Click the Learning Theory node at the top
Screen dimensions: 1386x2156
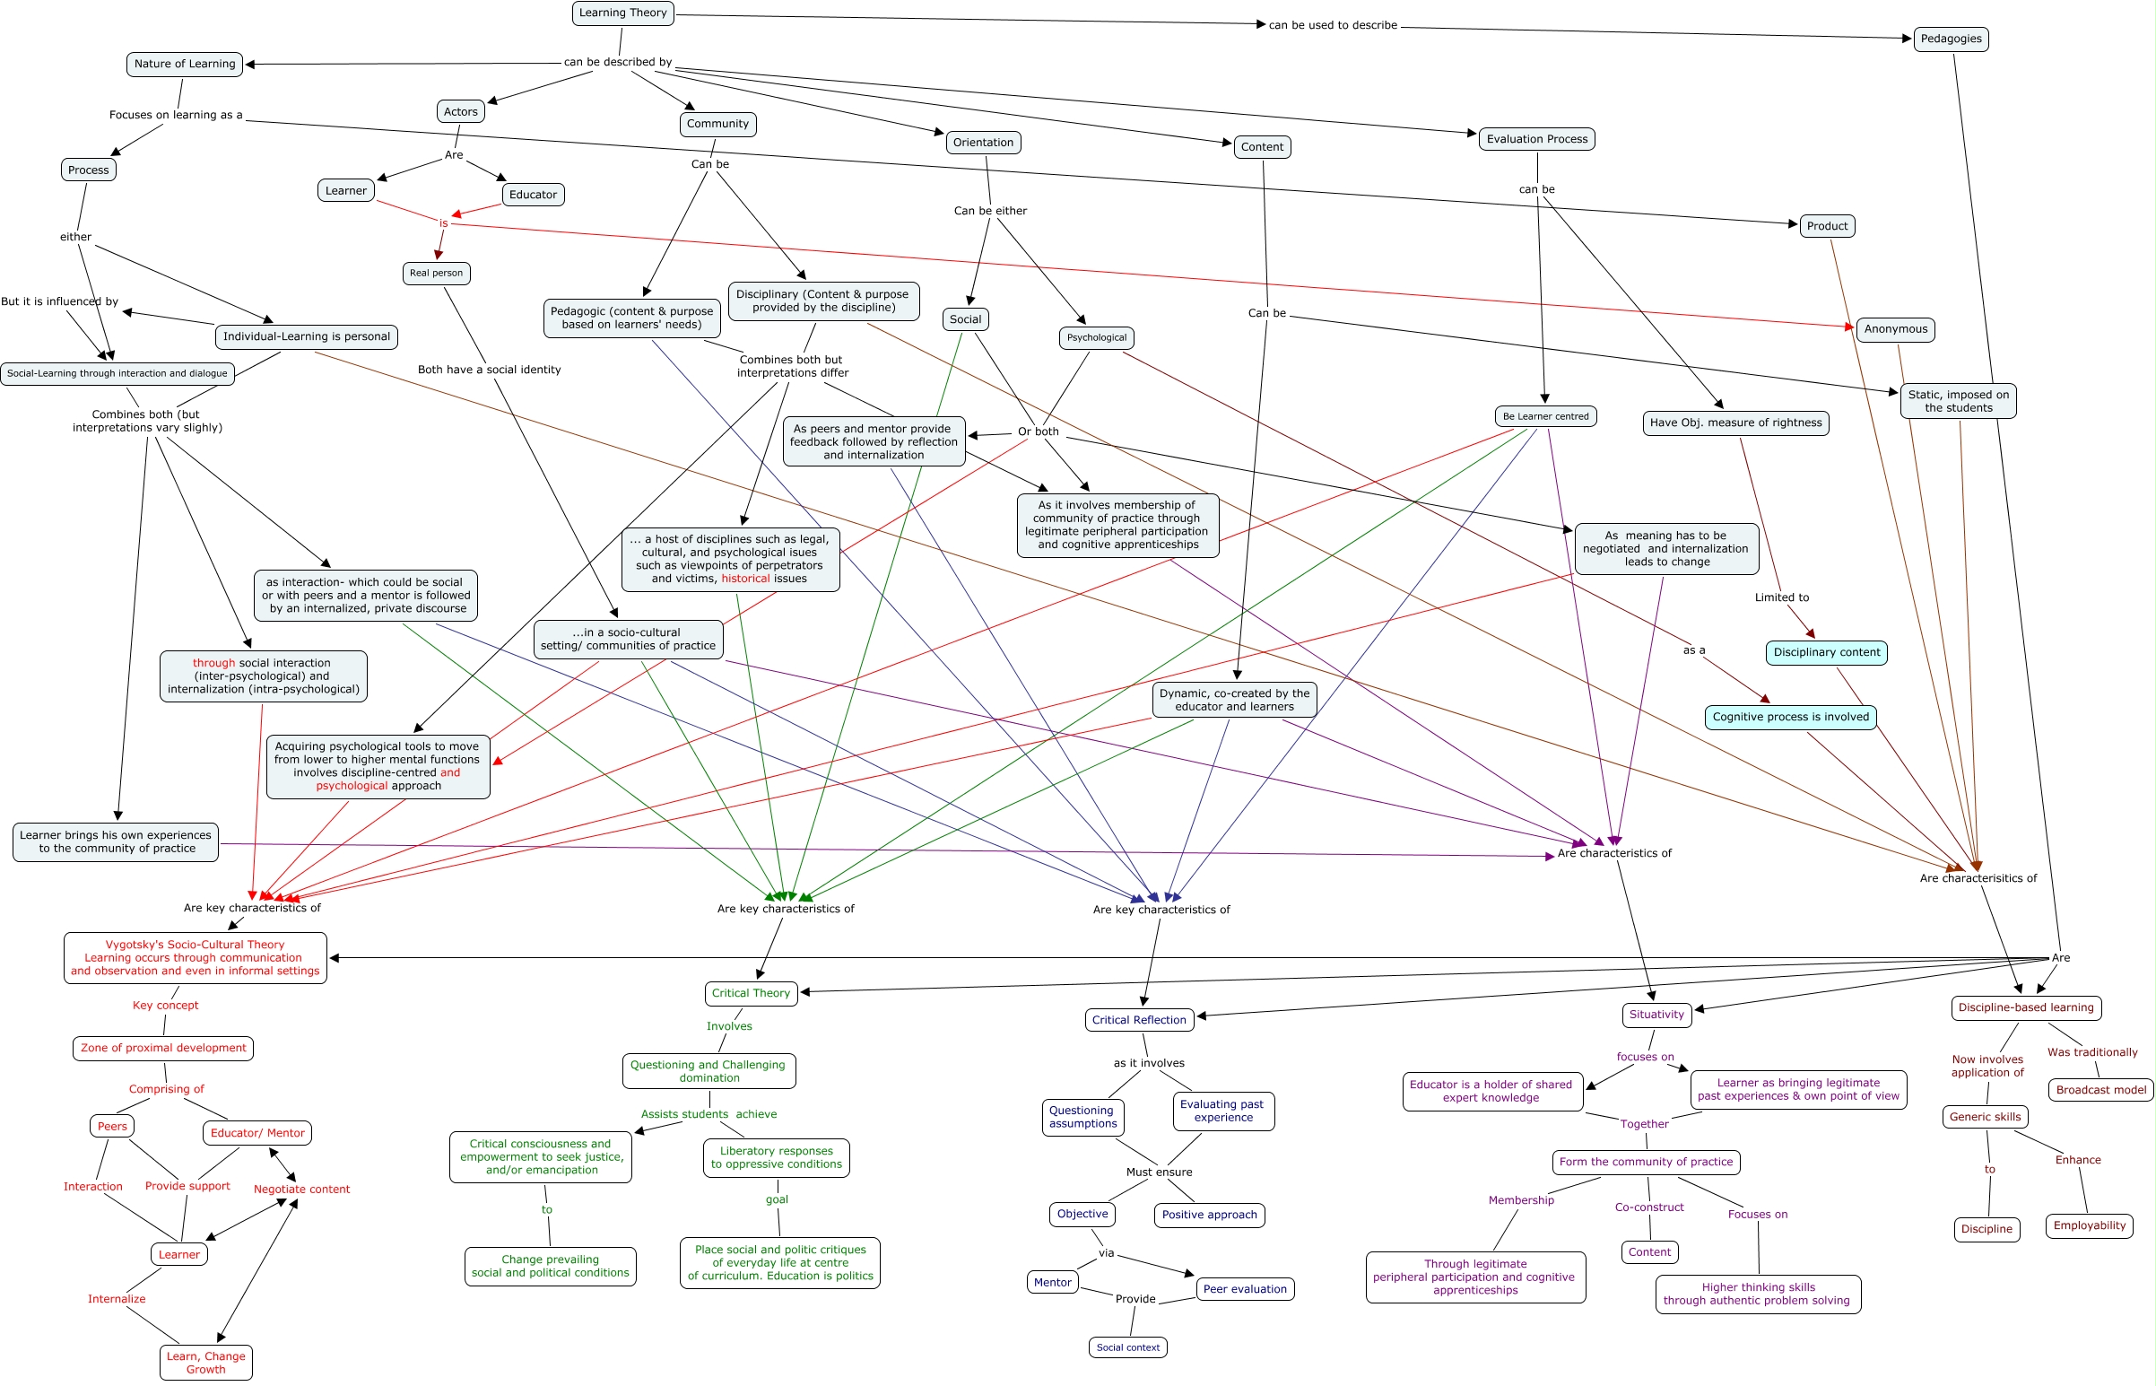point(622,13)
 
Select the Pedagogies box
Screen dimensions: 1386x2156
point(1950,39)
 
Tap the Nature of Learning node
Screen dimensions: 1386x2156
point(185,64)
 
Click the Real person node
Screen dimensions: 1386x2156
point(436,273)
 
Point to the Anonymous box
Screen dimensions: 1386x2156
point(1895,329)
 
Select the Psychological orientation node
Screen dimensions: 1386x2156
point(1096,337)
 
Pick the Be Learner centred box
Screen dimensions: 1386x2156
point(1545,417)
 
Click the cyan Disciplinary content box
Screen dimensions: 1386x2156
point(1826,652)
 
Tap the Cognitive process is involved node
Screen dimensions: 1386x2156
point(1790,718)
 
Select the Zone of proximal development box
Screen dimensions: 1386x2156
point(163,1049)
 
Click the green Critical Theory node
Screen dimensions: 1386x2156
point(751,994)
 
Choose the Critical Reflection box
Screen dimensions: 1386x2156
point(1139,1021)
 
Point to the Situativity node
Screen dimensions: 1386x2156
point(1656,1016)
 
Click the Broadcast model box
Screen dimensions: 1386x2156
point(2100,1090)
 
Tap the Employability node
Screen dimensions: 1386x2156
point(2089,1225)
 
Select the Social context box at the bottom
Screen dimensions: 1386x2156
point(1127,1347)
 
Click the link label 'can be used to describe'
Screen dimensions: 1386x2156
point(1332,25)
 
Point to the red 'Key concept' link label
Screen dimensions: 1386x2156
point(166,1006)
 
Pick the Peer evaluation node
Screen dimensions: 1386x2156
point(1245,1290)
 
